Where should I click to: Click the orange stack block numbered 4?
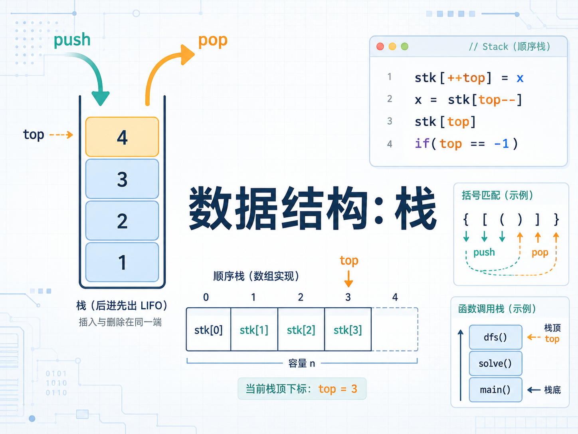point(122,137)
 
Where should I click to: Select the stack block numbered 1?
point(122,262)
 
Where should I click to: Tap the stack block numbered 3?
point(122,179)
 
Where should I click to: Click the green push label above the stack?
point(72,40)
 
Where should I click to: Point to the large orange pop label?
point(213,41)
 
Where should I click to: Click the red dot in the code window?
point(380,46)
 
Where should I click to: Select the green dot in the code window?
point(404,46)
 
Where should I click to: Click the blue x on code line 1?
point(520,78)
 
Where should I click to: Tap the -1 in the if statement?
point(501,144)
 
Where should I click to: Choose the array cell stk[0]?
point(208,329)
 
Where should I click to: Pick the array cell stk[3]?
point(348,329)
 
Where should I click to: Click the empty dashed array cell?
point(395,329)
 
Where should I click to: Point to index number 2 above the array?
point(301,297)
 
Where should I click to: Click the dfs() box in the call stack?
point(495,337)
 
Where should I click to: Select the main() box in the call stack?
point(495,390)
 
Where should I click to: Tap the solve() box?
point(495,363)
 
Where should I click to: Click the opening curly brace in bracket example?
point(466,219)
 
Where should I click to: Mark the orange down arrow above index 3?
point(348,279)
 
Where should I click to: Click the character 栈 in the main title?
point(416,208)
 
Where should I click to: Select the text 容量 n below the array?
point(301,363)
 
